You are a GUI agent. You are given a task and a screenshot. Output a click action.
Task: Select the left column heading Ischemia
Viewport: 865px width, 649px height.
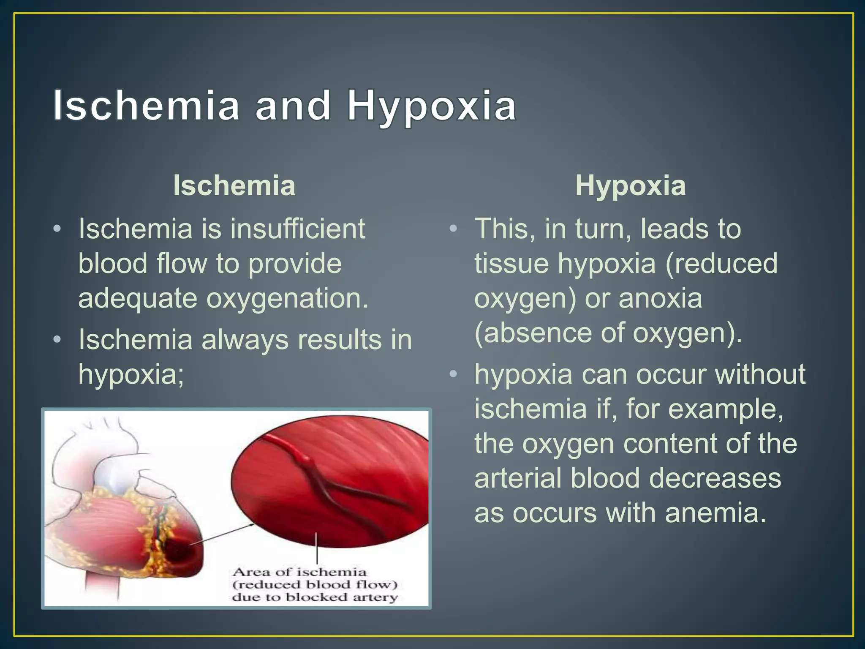tap(234, 185)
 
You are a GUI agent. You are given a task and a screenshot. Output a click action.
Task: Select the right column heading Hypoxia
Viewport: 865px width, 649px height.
tap(630, 185)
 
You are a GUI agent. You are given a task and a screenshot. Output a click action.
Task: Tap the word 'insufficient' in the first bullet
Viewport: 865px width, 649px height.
tap(298, 229)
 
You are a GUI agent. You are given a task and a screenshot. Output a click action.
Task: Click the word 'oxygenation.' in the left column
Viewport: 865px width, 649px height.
tap(287, 298)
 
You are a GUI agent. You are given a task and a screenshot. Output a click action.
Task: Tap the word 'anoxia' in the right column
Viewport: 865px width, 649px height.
tap(660, 298)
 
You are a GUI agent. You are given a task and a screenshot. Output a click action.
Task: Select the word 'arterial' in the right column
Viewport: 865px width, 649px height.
tap(518, 478)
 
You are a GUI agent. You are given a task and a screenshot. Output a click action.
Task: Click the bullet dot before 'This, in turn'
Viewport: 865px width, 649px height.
tap(453, 229)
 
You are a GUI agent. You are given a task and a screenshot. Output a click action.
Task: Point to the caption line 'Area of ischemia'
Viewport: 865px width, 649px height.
tap(299, 572)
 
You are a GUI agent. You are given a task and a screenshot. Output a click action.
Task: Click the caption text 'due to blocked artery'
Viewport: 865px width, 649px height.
tap(315, 597)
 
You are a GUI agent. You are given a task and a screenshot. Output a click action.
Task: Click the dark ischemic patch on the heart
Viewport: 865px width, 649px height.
tap(180, 549)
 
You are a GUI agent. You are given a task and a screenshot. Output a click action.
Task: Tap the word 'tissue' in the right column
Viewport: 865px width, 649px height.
tap(511, 264)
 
